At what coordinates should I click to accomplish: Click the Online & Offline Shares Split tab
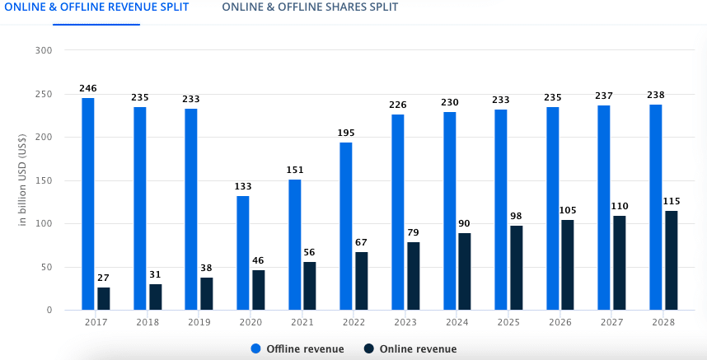(309, 7)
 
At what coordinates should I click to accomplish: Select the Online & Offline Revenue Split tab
(96, 7)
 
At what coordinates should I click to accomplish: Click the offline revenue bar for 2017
(88, 203)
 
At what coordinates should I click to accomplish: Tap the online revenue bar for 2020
(259, 290)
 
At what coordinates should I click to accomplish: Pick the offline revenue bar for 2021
(295, 245)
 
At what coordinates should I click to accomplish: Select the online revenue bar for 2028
(672, 260)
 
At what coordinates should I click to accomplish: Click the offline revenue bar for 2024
(449, 211)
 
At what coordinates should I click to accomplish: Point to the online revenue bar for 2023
(414, 276)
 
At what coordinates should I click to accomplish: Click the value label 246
(88, 87)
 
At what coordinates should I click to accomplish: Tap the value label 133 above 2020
(243, 186)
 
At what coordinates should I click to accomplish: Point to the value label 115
(672, 201)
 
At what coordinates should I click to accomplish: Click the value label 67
(362, 242)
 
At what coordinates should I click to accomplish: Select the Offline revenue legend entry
(297, 349)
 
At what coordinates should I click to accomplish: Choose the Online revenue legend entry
(411, 349)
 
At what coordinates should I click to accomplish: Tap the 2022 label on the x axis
(353, 322)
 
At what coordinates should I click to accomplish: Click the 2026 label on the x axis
(560, 322)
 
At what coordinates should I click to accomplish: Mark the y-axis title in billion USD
(22, 180)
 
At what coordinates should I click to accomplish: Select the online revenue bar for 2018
(155, 297)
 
